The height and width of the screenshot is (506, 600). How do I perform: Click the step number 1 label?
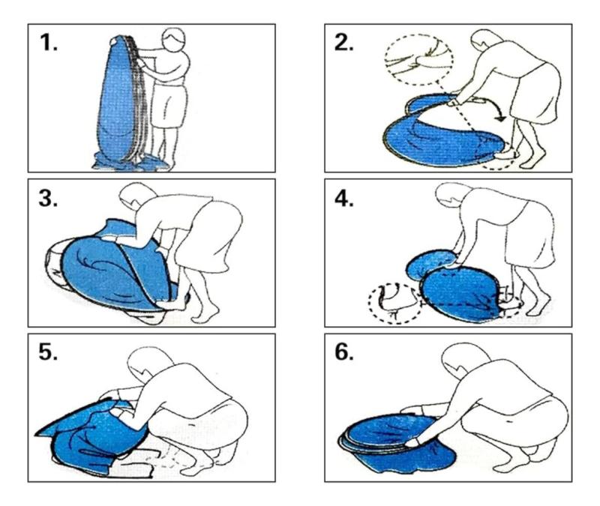tap(48, 42)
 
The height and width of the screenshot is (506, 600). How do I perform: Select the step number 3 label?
tap(48, 198)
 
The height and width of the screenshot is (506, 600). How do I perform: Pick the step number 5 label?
tap(48, 352)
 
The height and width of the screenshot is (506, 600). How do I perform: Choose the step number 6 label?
tap(344, 352)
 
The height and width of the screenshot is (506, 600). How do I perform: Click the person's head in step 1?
tap(173, 39)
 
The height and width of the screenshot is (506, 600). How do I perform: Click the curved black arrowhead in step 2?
tap(499, 118)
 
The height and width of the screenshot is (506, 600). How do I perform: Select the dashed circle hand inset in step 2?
tap(419, 59)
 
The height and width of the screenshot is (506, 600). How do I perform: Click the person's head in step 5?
tap(147, 364)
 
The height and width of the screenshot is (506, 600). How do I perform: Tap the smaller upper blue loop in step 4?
tap(430, 264)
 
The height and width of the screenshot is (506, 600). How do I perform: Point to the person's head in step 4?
tap(454, 195)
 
